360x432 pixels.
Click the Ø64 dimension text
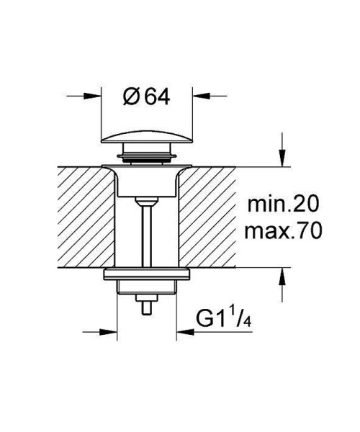click(x=147, y=96)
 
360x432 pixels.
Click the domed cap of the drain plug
click(x=147, y=138)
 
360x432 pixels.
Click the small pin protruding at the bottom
click(x=147, y=308)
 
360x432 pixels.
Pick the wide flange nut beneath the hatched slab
click(x=147, y=274)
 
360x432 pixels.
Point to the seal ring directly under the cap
click(x=147, y=152)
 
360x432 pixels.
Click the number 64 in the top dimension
click(x=156, y=96)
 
